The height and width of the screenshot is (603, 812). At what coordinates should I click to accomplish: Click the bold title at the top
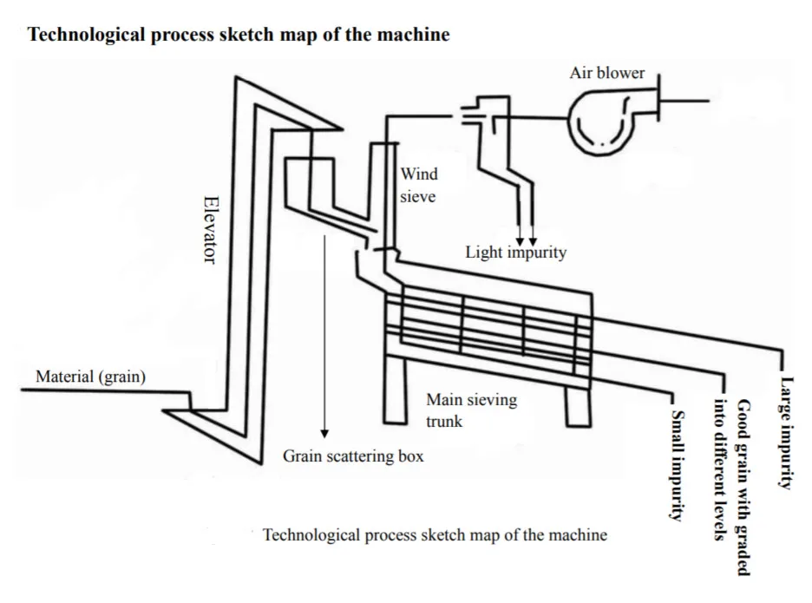239,35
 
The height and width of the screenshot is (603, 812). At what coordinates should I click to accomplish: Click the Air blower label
606,73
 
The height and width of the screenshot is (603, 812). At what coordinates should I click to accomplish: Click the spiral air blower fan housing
603,124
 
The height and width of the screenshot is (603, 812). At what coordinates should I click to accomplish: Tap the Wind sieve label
418,185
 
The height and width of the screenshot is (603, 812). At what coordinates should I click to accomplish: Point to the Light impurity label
515,252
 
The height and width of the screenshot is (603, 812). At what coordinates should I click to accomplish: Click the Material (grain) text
90,377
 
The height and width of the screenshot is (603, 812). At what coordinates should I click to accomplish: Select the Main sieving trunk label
471,410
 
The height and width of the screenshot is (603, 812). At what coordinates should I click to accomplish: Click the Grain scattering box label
353,455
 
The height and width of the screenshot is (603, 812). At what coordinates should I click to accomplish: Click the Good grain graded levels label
730,486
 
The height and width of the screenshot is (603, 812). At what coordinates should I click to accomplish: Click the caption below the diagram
435,534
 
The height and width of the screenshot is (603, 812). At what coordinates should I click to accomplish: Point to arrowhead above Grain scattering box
324,430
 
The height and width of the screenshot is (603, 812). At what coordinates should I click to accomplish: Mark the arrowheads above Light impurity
527,239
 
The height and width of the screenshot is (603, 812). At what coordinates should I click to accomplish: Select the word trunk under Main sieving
444,421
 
